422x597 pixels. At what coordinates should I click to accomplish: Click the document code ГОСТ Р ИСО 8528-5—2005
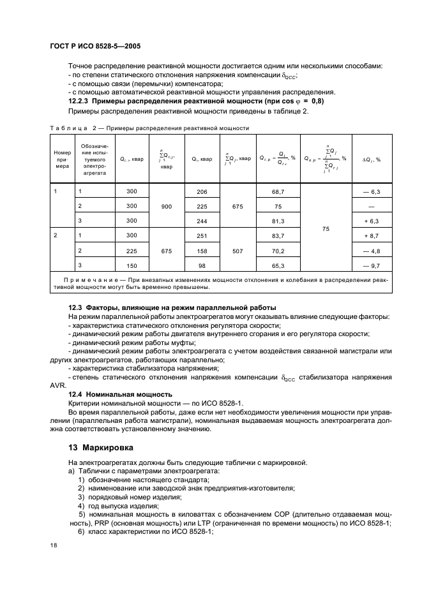pos(94,46)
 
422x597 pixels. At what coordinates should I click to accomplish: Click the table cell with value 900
pos(167,206)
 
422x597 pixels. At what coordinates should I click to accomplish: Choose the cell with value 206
pos(202,191)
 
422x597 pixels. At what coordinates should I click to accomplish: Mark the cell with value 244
pos(202,221)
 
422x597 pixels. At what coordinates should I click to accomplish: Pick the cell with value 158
pos(202,251)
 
